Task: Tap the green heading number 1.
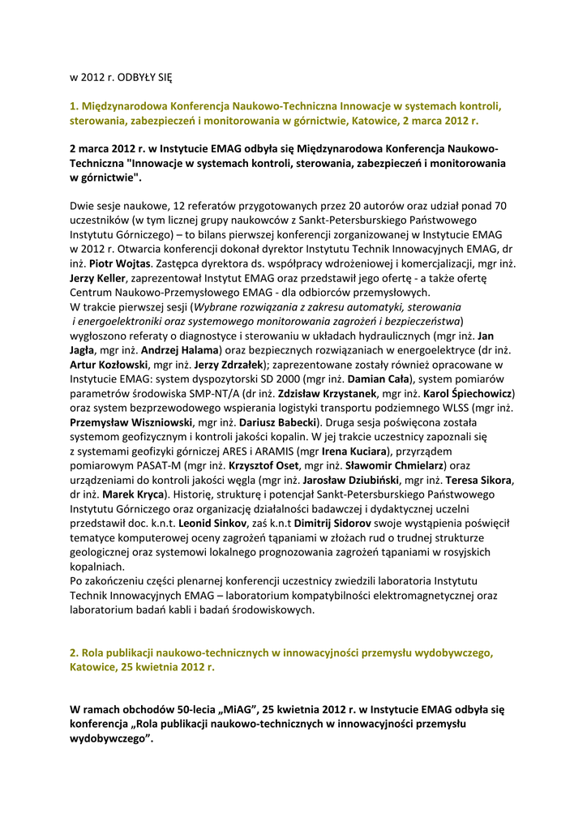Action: tap(73, 106)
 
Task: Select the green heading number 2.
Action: tap(73, 652)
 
